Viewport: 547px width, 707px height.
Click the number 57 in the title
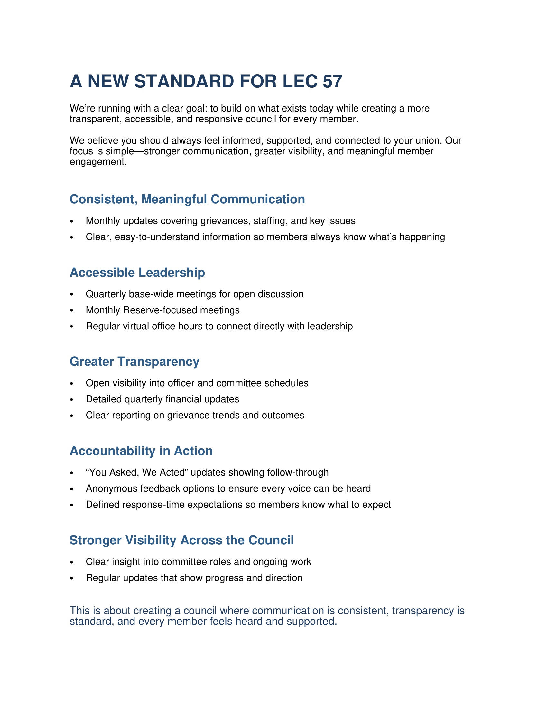coord(332,81)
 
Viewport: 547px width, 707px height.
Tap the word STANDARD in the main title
coord(184,81)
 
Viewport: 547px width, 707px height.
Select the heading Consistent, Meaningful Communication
coord(187,200)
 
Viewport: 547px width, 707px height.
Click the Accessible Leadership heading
coord(137,273)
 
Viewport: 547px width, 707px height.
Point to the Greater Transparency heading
coord(134,362)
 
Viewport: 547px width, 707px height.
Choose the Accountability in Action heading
coord(141,451)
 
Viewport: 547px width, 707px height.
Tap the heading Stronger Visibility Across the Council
coord(181,540)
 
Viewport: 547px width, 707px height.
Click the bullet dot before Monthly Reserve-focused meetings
coord(72,311)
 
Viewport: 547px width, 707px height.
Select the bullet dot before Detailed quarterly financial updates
coord(72,400)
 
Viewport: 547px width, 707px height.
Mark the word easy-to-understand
coord(157,237)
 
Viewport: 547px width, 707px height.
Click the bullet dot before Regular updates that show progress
coord(72,578)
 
